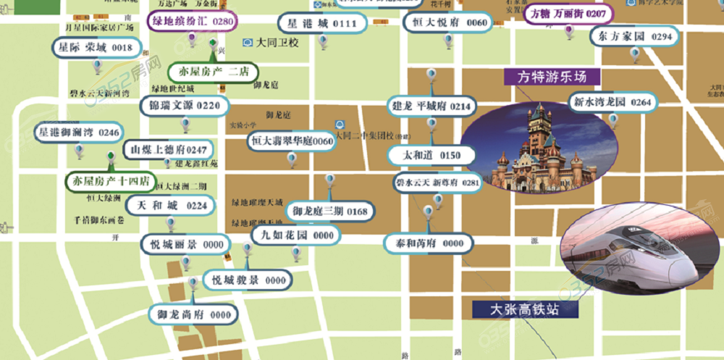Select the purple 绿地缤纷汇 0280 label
point(193,22)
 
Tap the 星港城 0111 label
point(318,24)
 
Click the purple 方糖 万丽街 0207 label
point(568,14)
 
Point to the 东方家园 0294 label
point(635,36)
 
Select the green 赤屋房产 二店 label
point(213,72)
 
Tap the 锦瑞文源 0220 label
point(184,106)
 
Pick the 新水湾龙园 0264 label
point(612,103)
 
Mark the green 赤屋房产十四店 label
point(110,181)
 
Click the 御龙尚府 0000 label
point(193,314)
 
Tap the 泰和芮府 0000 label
point(429,243)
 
